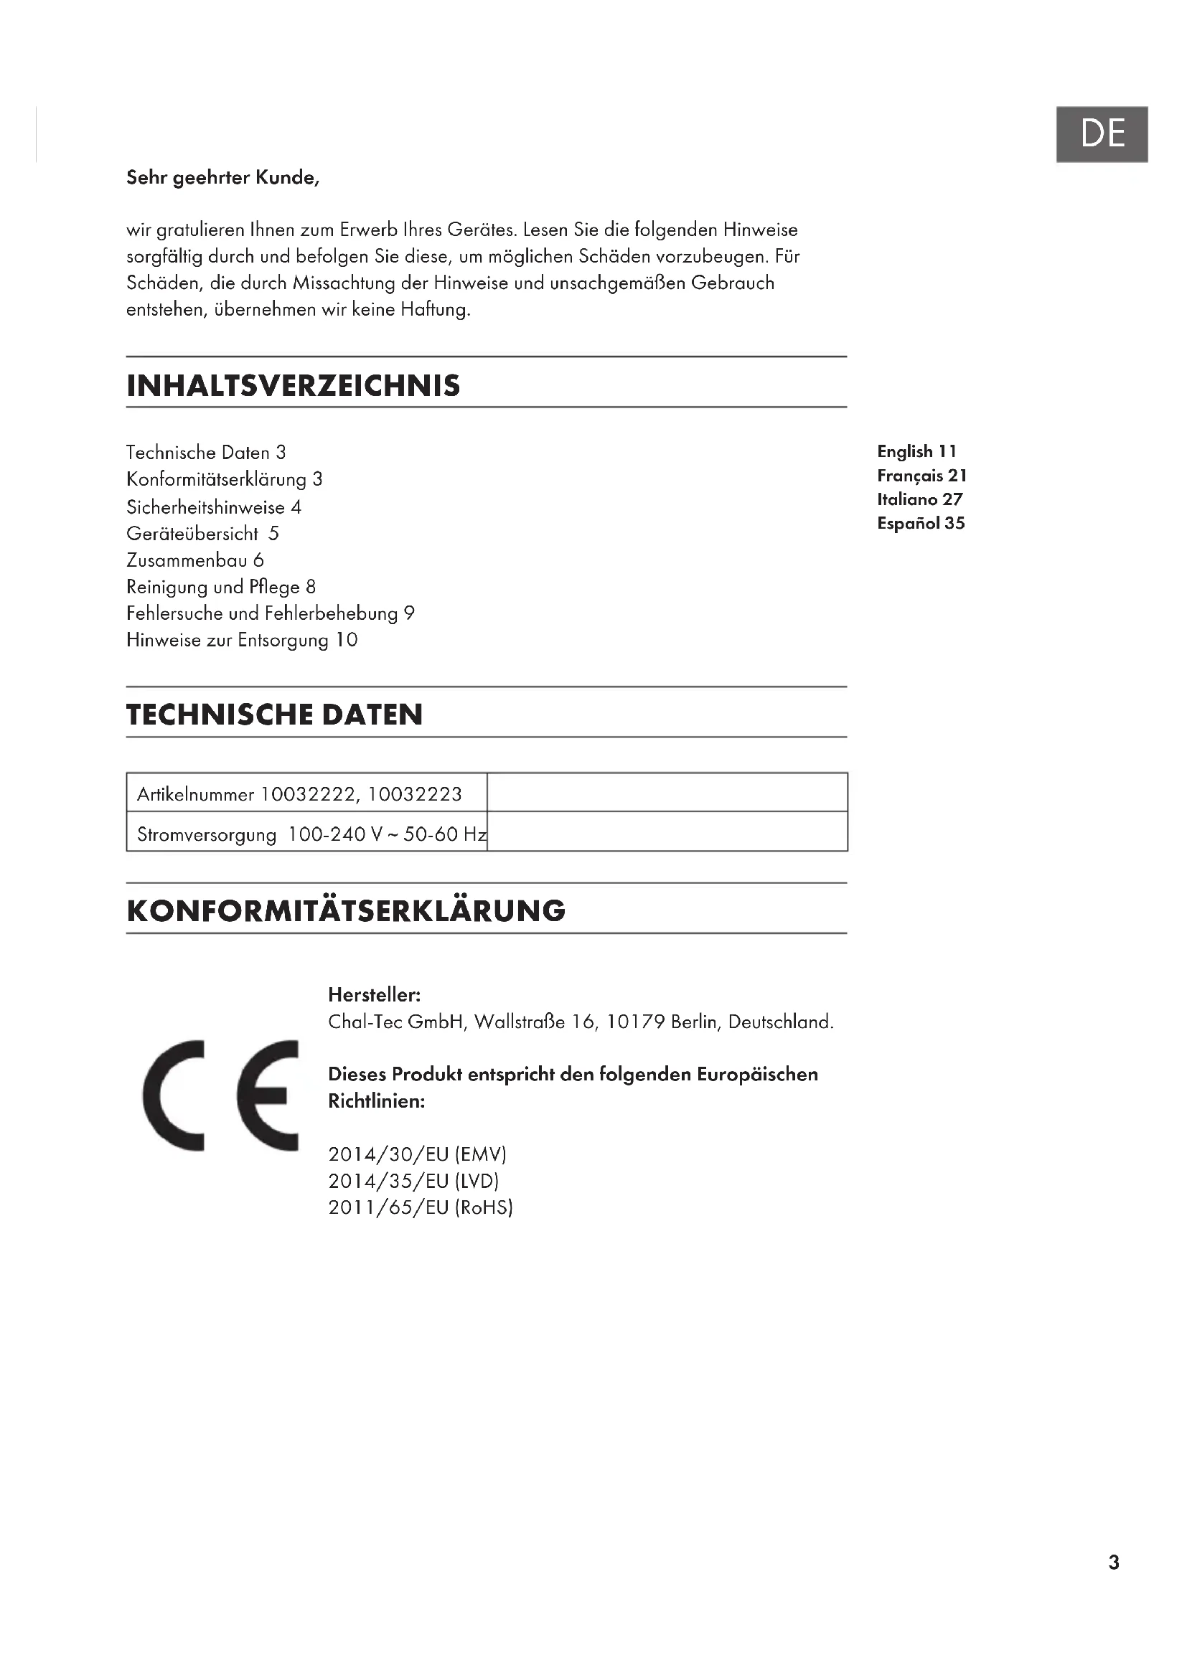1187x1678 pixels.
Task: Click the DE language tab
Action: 1102,133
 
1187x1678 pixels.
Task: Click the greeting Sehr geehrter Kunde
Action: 223,178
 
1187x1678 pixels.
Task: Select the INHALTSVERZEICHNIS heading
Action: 293,386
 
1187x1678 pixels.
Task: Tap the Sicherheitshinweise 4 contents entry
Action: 213,507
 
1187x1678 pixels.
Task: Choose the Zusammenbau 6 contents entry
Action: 195,560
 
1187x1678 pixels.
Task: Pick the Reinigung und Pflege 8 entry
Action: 221,587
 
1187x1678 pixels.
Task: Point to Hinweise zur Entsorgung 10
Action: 242,640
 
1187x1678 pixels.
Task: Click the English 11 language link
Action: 916,452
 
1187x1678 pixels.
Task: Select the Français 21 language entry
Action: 921,476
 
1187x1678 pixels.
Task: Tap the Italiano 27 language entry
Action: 919,499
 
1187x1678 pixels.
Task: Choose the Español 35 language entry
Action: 921,523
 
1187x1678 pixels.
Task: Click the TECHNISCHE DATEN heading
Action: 274,715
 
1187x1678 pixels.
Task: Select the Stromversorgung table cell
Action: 307,834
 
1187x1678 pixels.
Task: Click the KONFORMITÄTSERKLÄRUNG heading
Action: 346,911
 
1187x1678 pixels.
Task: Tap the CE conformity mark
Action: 221,1095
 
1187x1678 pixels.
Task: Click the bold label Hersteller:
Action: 374,994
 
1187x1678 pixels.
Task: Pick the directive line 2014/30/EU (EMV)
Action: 418,1154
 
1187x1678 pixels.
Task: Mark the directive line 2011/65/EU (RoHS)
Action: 421,1207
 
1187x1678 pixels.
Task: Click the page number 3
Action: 1113,1562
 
